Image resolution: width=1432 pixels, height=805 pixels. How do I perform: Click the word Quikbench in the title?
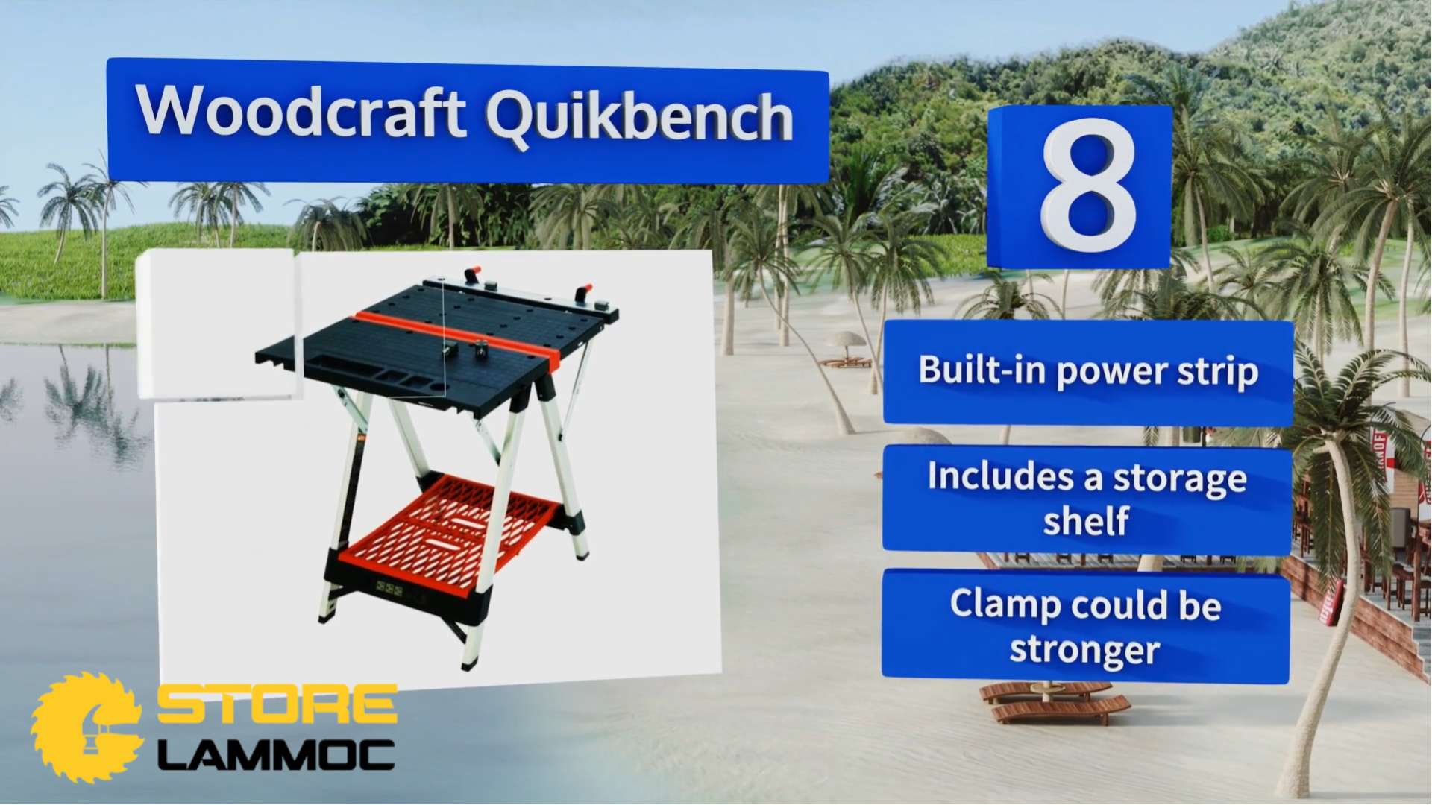click(x=640, y=116)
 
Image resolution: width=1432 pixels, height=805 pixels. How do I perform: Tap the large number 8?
click(x=1088, y=186)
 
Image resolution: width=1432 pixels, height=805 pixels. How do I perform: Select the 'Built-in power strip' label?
click(x=1087, y=371)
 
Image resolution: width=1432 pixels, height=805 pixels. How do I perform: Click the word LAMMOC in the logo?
click(x=276, y=755)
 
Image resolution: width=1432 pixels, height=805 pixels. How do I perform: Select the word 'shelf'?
click(x=1085, y=520)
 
